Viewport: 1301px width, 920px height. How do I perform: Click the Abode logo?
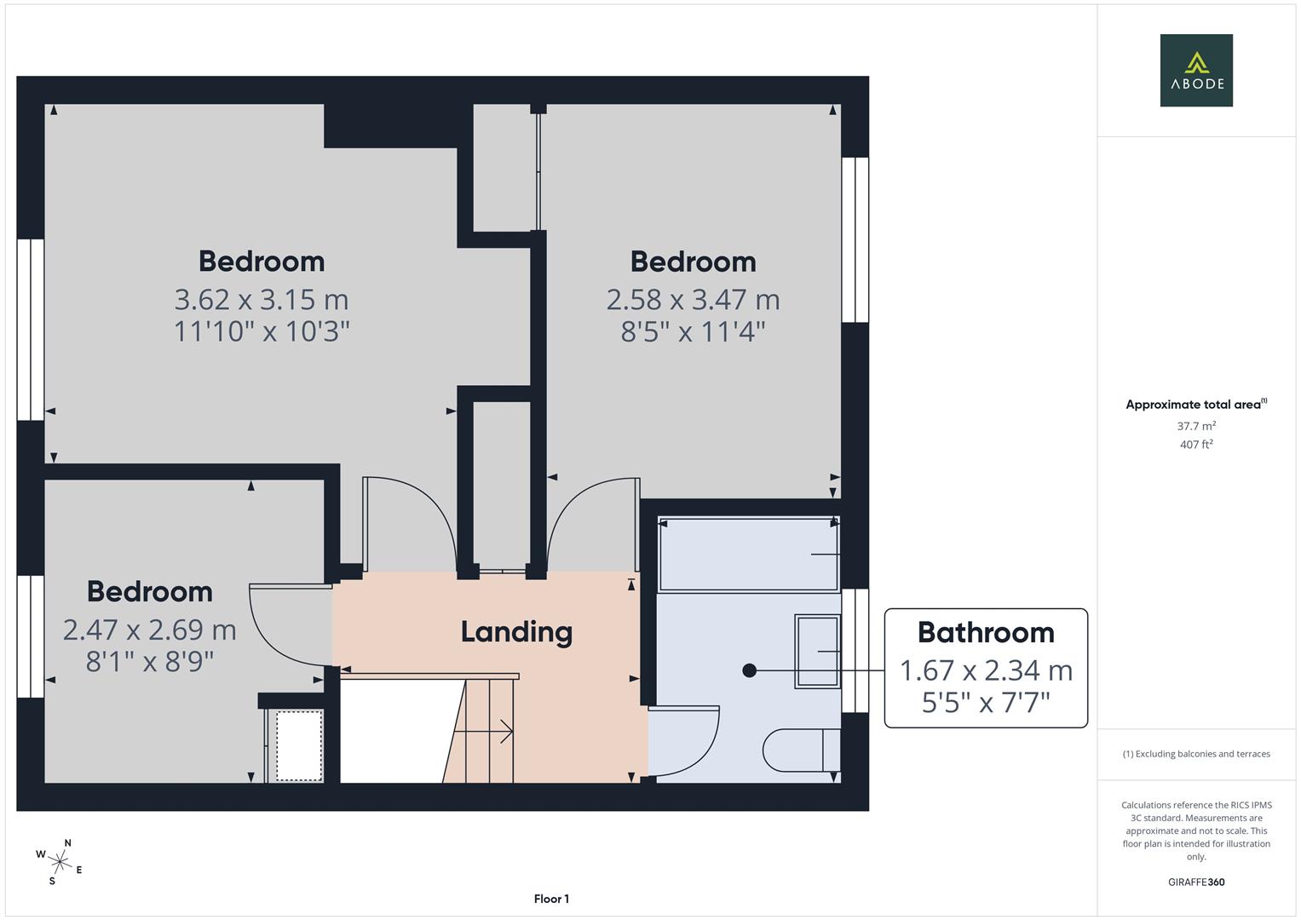pos(1195,70)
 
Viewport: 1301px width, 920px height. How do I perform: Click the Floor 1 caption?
pos(551,899)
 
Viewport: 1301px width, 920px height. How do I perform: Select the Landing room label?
pos(516,632)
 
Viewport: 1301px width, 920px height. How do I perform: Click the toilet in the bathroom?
pos(801,750)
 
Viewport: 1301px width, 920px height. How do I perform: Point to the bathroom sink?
pos(817,652)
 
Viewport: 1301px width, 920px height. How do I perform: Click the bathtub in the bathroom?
pos(748,554)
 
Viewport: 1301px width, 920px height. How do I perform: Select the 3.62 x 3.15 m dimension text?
pos(262,300)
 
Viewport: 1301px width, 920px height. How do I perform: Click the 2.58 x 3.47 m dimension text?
pos(693,300)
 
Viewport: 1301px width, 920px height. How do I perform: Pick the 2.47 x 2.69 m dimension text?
pos(150,630)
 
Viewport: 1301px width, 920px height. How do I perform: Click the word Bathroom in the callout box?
pos(986,633)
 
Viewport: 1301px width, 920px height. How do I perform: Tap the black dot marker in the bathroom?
pos(749,670)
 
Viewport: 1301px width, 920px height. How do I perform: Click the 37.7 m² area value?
pos(1195,426)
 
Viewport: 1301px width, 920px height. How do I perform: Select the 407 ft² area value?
pos(1195,445)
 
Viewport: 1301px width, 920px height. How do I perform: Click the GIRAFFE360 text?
pos(1195,883)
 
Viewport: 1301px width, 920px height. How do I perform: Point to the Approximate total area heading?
pos(1195,405)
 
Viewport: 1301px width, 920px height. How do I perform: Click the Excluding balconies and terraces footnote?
pos(1195,754)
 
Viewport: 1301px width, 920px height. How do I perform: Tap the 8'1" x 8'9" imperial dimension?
pos(150,661)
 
